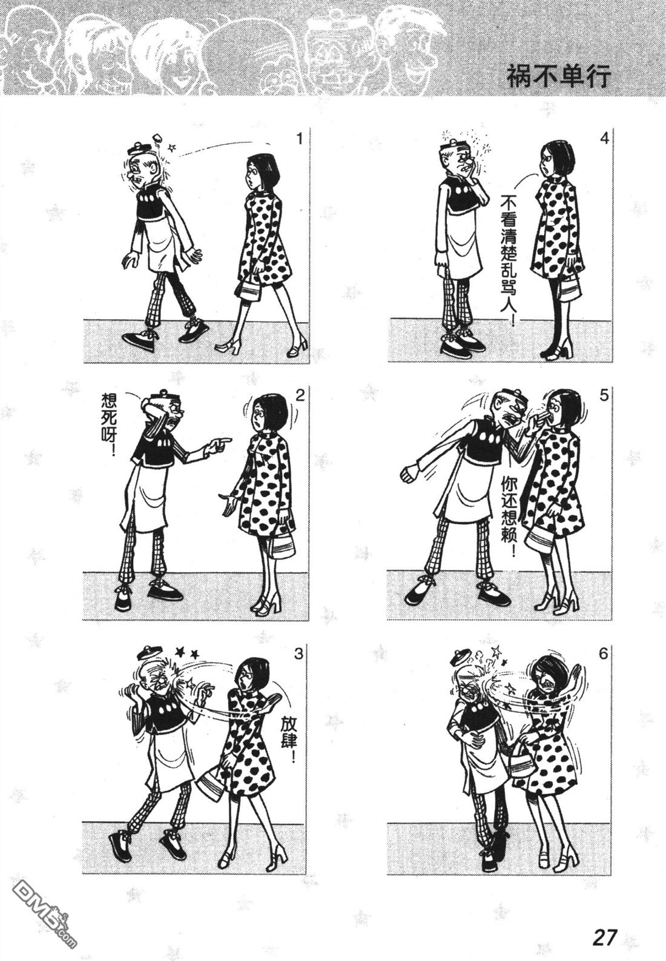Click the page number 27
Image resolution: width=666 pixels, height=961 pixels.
[x=604, y=937]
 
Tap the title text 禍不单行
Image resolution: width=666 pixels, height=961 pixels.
[x=558, y=77]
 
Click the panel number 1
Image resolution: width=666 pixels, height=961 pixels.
[x=299, y=139]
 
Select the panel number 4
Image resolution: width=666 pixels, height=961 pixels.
[x=604, y=139]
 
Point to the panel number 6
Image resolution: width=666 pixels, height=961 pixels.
[x=604, y=654]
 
